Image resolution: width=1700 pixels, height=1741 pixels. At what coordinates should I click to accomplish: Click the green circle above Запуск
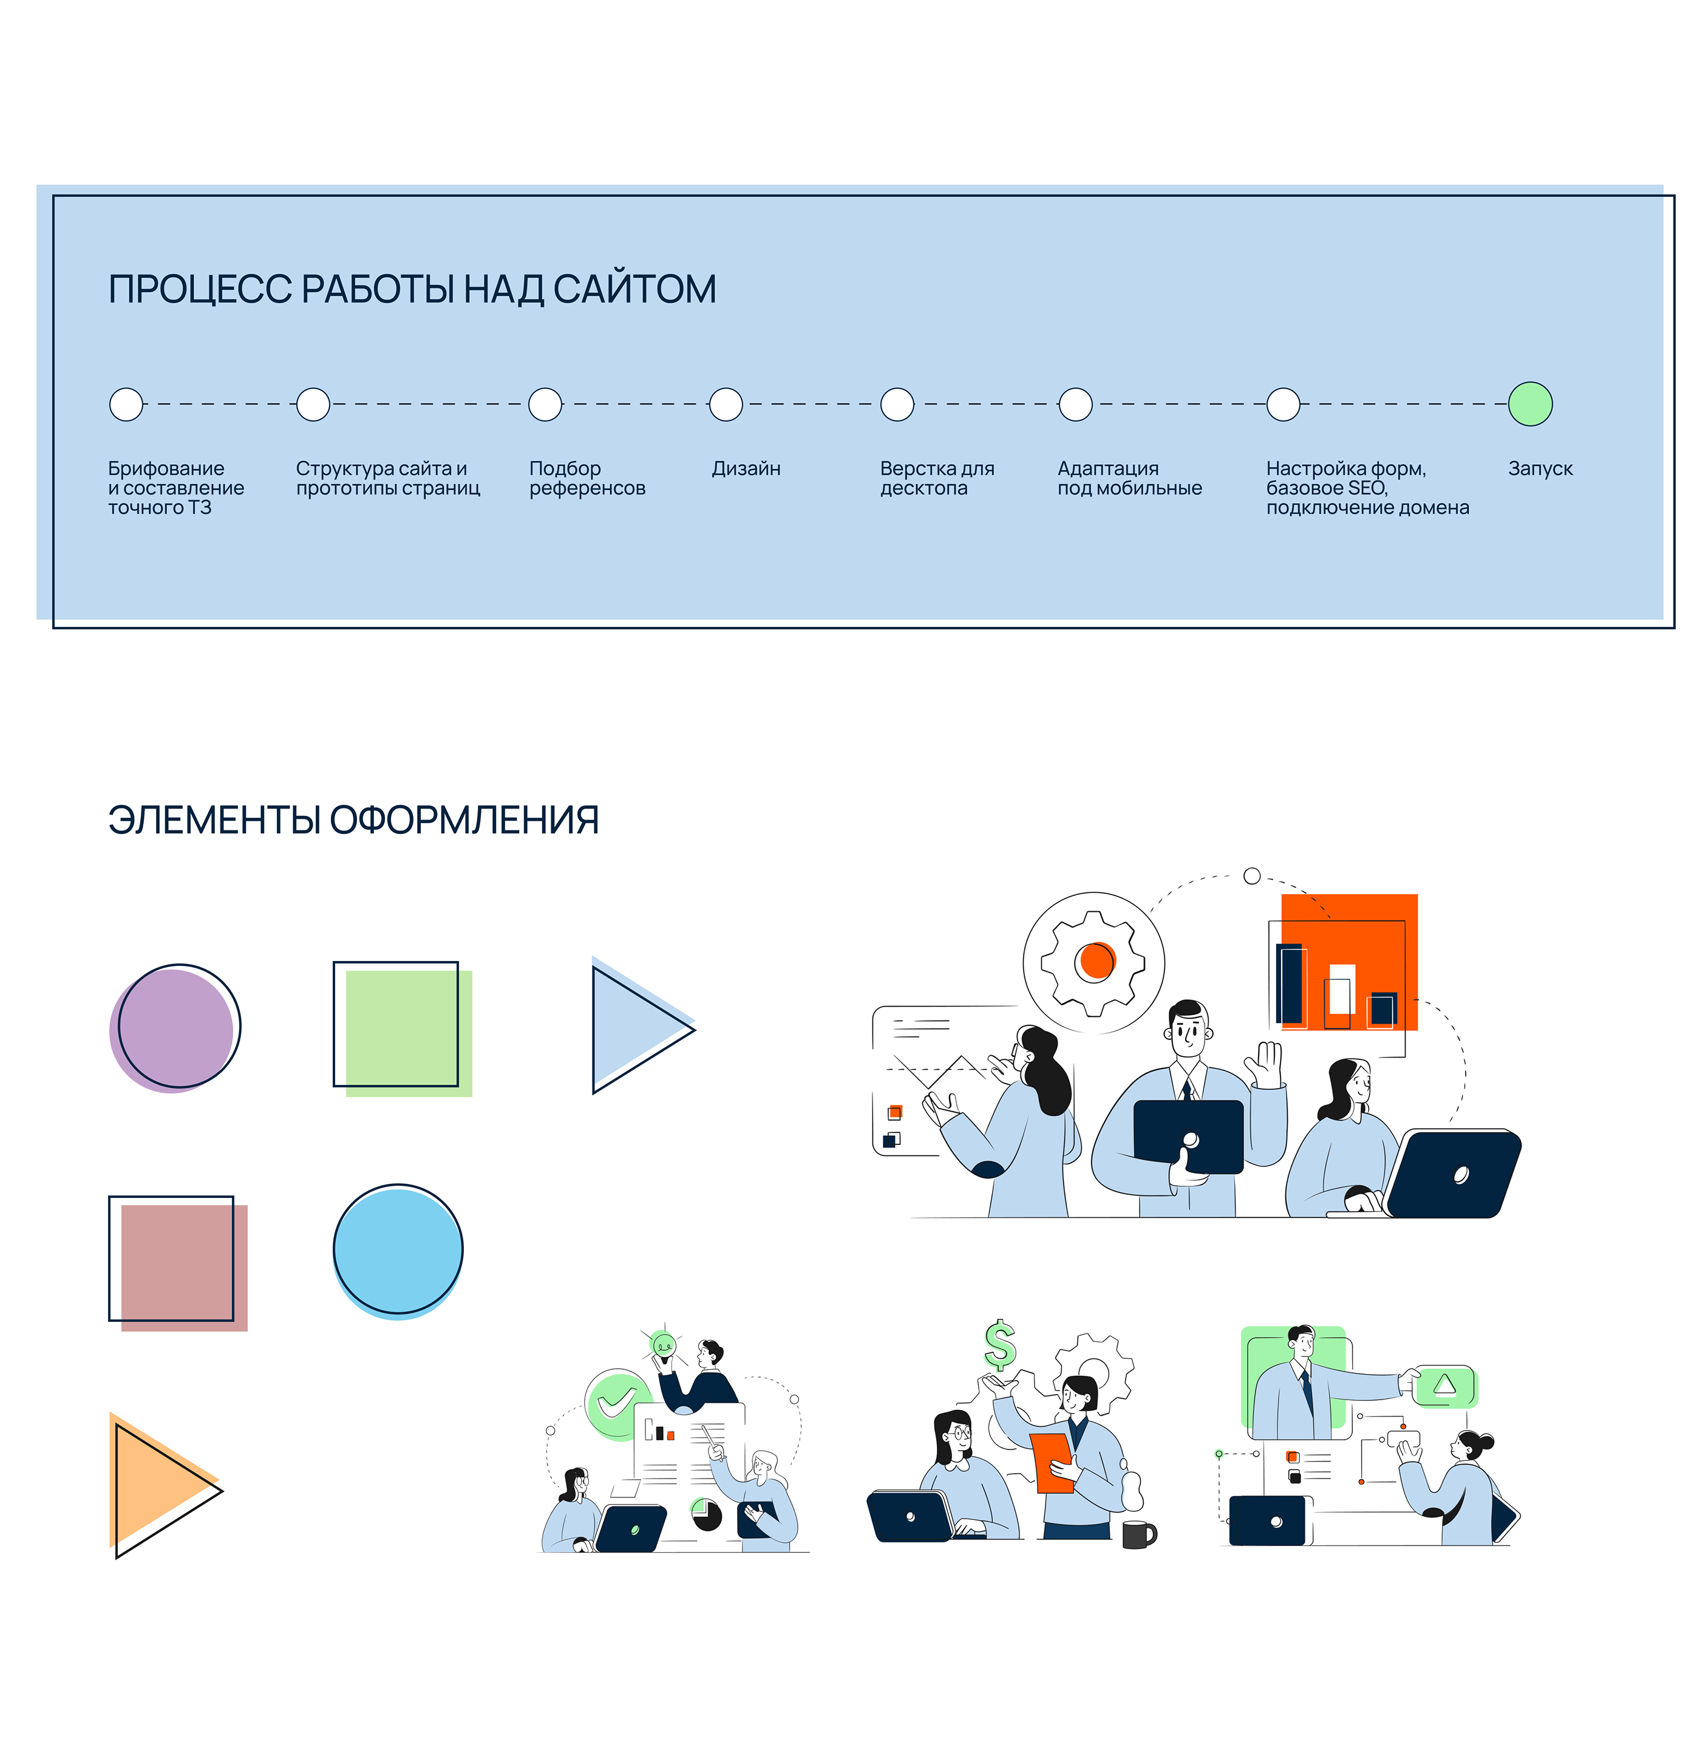pos(1529,404)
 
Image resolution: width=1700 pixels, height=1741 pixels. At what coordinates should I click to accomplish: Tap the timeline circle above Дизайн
pos(726,404)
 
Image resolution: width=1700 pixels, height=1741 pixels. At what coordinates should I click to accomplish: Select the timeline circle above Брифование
pos(126,404)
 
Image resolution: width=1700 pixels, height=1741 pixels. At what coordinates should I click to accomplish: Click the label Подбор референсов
pos(586,478)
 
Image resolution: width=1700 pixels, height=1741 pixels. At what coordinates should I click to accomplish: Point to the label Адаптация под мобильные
pos(1129,478)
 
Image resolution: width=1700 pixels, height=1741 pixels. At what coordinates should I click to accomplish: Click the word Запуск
pos(1540,468)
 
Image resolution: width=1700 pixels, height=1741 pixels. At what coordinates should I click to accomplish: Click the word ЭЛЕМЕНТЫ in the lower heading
pos(214,819)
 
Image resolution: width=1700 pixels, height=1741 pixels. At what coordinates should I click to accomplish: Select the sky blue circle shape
pos(397,1251)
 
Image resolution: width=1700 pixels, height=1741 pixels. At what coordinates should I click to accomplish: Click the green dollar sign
pos(1000,1344)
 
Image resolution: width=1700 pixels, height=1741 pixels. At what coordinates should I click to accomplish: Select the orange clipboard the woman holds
pos(1051,1460)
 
